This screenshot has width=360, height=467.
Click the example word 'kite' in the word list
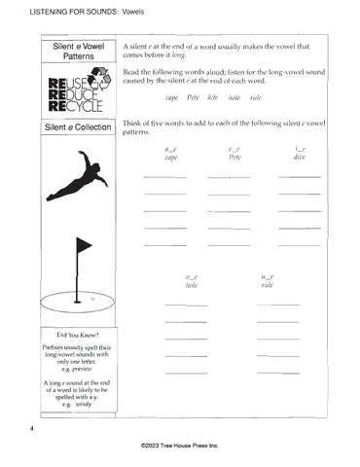point(213,98)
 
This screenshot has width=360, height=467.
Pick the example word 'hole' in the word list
point(234,98)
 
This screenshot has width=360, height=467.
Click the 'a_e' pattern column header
point(171,148)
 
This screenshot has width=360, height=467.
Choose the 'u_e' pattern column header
point(268,278)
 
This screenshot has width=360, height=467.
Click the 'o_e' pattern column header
point(192,278)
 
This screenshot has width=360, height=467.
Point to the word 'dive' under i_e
point(300,157)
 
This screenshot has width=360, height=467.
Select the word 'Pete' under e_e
point(234,157)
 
